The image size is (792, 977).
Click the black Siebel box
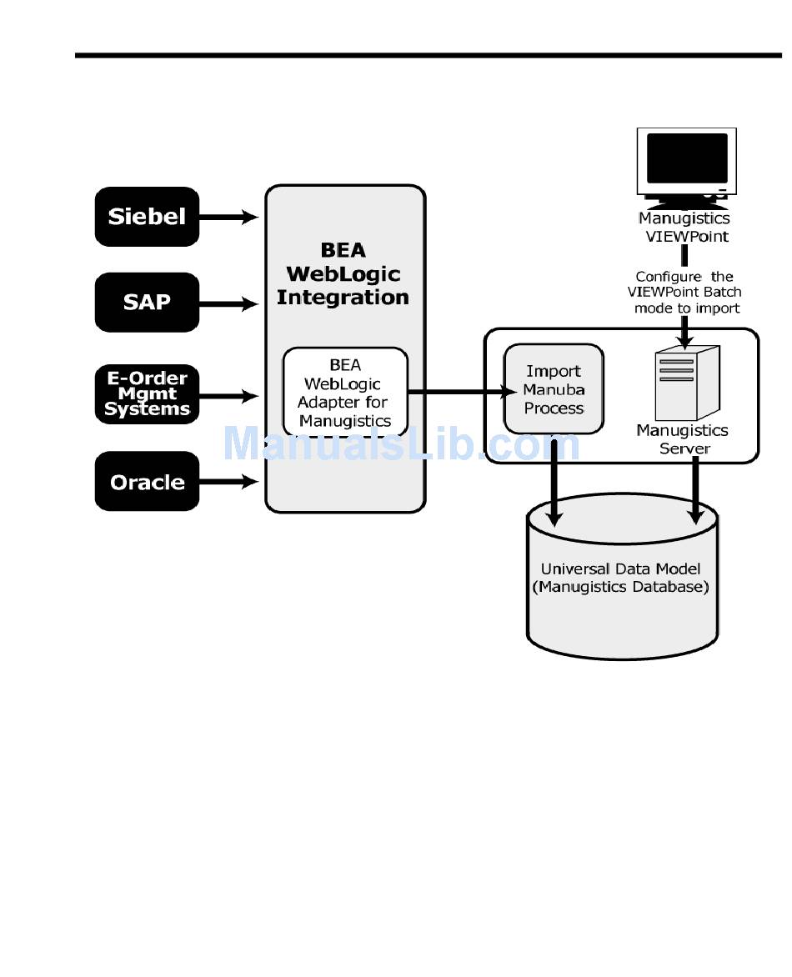point(147,217)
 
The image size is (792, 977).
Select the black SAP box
point(147,302)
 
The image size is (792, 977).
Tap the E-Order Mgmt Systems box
point(147,393)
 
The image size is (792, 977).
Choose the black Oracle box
point(147,481)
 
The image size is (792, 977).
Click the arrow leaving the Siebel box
point(229,218)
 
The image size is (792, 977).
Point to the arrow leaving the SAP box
point(229,304)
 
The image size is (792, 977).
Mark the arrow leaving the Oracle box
point(229,481)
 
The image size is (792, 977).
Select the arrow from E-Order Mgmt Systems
point(229,396)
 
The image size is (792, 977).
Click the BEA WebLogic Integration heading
point(343,273)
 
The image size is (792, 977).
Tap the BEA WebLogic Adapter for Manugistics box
point(345,392)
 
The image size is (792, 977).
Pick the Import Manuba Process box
point(554,389)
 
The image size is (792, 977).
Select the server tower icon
point(685,383)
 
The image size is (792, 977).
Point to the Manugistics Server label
point(683,439)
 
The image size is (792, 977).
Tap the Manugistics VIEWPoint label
point(685,227)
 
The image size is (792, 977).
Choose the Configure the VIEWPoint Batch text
point(687,292)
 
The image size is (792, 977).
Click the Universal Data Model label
point(621,578)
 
